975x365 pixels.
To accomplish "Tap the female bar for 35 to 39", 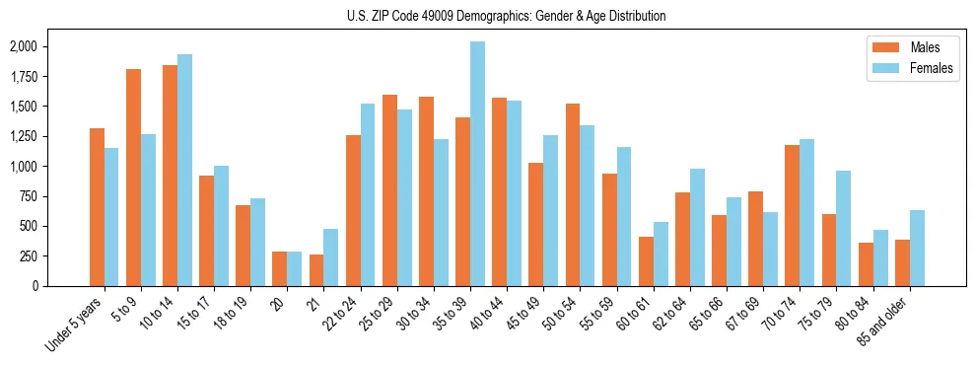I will pos(477,164).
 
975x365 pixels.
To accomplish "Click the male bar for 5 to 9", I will pos(133,178).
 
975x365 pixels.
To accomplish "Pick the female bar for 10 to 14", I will pos(184,170).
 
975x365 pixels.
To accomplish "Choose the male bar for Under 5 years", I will pos(97,207).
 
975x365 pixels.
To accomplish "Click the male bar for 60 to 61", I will pos(647,261).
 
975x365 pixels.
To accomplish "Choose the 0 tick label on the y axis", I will pos(35,286).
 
